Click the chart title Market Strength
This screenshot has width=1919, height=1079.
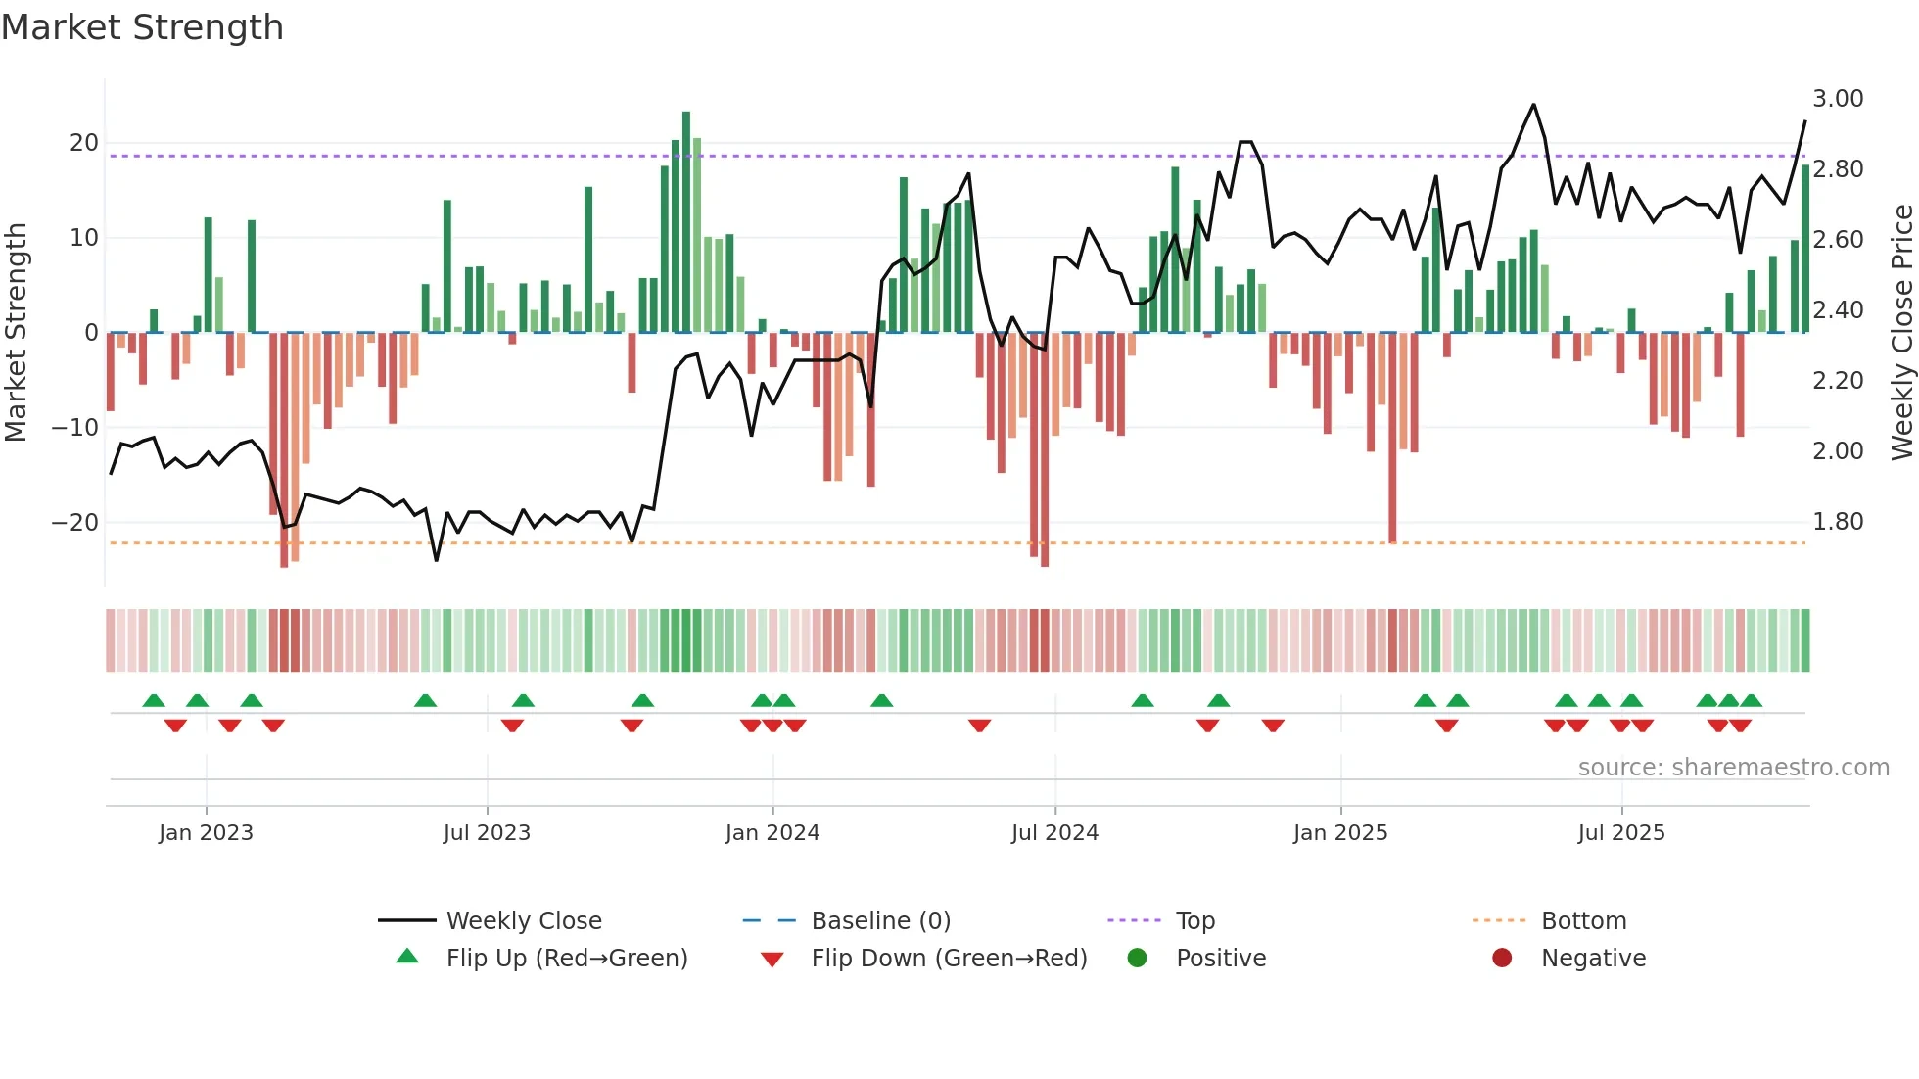tap(142, 27)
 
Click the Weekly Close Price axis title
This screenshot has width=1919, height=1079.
tap(1901, 332)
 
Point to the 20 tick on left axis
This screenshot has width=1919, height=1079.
tap(84, 143)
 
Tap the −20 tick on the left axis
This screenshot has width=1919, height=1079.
tap(75, 523)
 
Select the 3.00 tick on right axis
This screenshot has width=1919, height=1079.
tap(1838, 99)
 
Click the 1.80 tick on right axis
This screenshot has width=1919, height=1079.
tap(1838, 522)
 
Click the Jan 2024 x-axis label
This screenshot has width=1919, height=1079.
tap(772, 833)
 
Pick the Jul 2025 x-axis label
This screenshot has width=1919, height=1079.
tap(1621, 833)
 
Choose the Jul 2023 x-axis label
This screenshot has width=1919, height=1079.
tap(487, 833)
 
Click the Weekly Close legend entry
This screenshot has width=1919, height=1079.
tap(524, 921)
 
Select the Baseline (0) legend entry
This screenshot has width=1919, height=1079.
tap(880, 921)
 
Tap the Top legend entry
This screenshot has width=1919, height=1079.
tap(1194, 921)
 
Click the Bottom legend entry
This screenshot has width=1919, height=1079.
tap(1583, 921)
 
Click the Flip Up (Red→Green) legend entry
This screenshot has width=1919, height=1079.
tap(566, 959)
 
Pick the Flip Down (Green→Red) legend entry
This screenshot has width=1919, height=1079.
tap(949, 959)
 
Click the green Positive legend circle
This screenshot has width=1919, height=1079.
tap(1137, 959)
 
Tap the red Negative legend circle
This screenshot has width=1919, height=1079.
tap(1502, 959)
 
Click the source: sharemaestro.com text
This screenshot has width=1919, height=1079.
tap(1733, 768)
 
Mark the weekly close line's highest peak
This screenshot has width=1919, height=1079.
tap(1533, 105)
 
